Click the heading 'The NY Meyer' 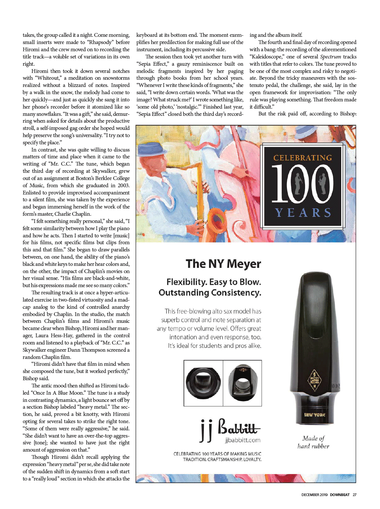tap(223, 264)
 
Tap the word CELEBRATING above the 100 tap(303, 158)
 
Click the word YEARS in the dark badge tap(303, 212)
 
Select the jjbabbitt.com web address tap(243, 440)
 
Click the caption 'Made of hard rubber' tap(313, 442)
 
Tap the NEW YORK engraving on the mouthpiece tap(315, 415)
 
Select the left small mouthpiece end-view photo tap(203, 383)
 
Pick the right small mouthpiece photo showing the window tap(242, 383)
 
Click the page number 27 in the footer tap(355, 495)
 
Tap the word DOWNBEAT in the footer tap(339, 495)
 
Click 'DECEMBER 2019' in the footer tap(314, 495)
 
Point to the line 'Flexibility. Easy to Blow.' tap(214, 282)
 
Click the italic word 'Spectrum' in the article tap(330, 57)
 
